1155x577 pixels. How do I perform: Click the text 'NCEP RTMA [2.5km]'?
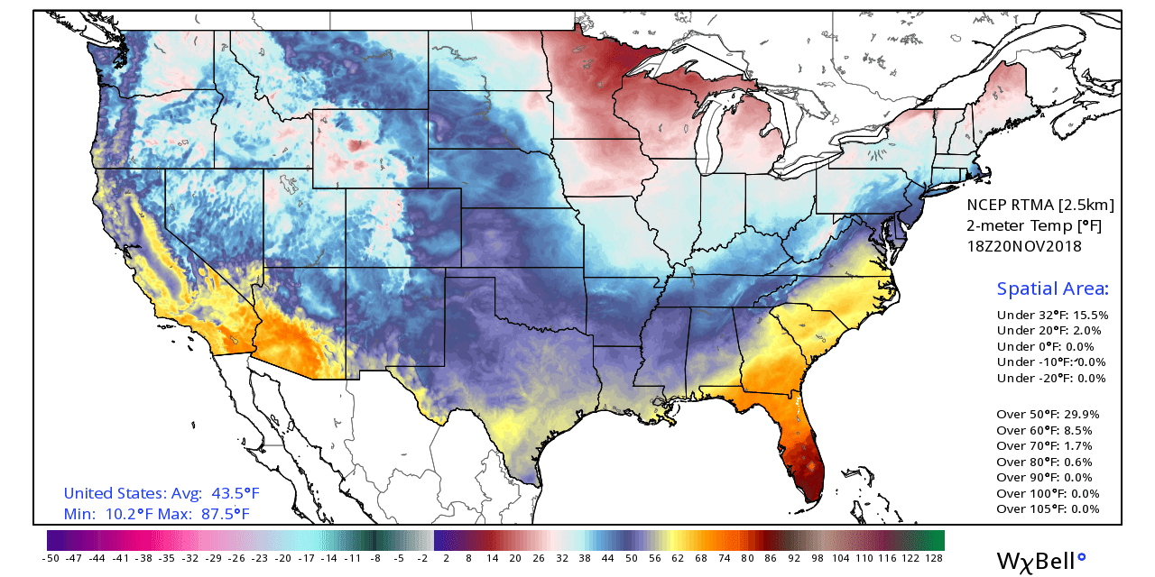[1039, 205]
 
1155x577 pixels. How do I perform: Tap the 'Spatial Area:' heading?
[1052, 288]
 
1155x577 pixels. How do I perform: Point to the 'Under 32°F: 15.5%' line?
[1052, 316]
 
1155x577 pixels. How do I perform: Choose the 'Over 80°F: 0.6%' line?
[1044, 462]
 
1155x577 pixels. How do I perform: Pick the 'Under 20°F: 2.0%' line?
[1049, 331]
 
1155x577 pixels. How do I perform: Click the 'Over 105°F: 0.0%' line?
[1048, 509]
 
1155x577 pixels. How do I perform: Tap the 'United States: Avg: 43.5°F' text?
[161, 494]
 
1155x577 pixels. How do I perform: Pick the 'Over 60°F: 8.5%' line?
[1047, 430]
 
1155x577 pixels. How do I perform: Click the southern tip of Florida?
[812, 493]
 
